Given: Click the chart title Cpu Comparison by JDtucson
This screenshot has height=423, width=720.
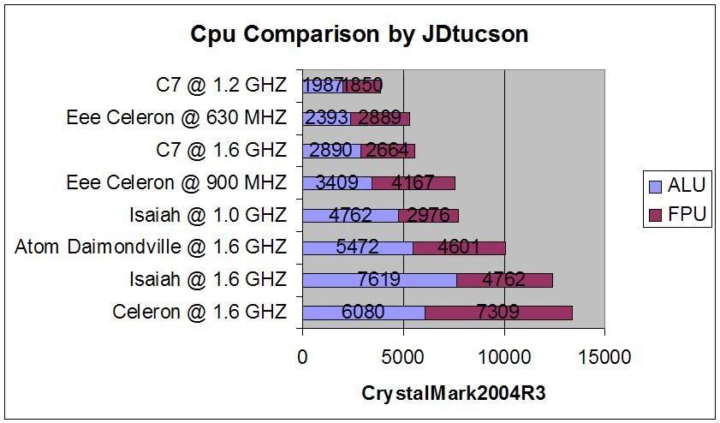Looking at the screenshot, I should [359, 33].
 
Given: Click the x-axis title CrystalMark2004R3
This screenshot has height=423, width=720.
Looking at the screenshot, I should [453, 393].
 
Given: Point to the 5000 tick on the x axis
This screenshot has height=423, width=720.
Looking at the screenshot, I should [403, 356].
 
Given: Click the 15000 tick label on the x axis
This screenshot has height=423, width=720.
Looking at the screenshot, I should [604, 356].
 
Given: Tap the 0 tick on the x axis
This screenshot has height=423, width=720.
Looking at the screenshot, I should [302, 356].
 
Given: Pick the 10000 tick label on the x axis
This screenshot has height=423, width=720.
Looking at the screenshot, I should [504, 356].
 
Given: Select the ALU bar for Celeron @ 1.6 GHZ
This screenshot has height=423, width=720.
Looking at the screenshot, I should [363, 313].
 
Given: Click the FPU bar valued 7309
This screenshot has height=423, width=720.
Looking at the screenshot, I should [498, 313].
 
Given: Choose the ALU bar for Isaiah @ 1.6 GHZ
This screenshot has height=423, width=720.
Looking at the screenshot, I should [379, 280].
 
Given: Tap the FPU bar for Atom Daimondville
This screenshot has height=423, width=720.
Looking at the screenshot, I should [459, 247].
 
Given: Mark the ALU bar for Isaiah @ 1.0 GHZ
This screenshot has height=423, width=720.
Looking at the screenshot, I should [350, 215].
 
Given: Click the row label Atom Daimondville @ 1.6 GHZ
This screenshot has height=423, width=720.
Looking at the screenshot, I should [151, 247].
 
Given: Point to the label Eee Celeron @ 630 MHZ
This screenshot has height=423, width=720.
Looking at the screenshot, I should [176, 117].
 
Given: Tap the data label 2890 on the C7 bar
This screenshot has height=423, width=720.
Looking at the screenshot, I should [330, 151].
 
